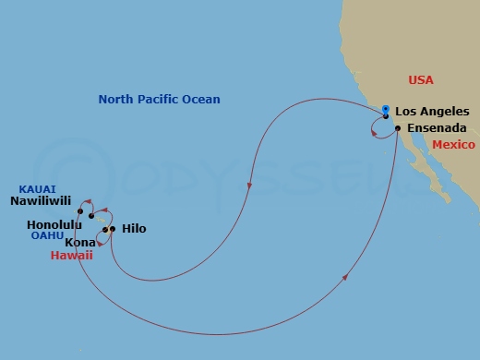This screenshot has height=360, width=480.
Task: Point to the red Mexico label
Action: pos(452,145)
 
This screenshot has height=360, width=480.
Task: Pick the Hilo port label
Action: pos(134,228)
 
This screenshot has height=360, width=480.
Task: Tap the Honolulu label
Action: pos(54,224)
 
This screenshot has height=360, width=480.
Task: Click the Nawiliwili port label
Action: pos(42,198)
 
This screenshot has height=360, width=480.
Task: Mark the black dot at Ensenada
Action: pos(397,128)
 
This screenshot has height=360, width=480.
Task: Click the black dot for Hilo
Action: pos(113,229)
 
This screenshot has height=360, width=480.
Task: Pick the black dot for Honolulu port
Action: pos(90,217)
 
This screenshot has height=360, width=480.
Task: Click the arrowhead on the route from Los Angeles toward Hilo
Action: pos(249,187)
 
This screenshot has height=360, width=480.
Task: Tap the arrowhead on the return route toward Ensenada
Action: pos(346,276)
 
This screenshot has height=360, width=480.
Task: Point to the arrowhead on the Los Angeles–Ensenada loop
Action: pos(373,135)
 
